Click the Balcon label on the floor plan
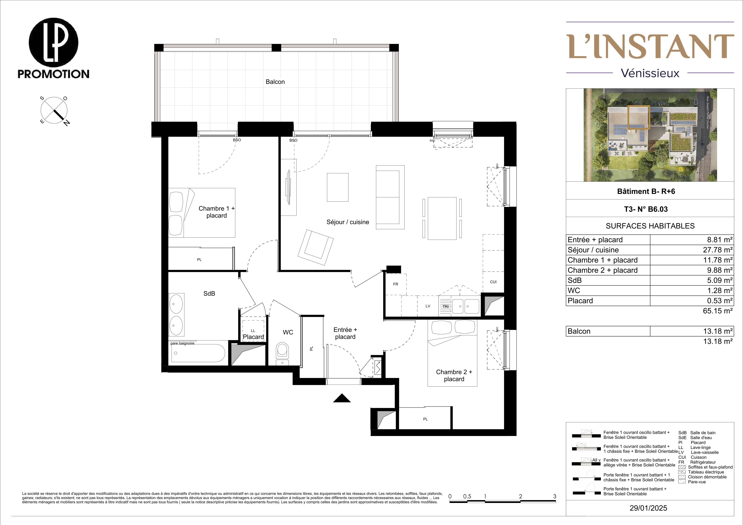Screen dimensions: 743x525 pyautogui.click(x=275, y=82)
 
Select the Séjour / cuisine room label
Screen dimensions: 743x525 pyautogui.click(x=348, y=222)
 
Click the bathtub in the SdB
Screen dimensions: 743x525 pyautogui.click(x=198, y=353)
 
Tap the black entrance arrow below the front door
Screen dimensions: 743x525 pyautogui.click(x=342, y=398)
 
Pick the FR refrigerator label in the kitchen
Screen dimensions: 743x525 pyautogui.click(x=395, y=284)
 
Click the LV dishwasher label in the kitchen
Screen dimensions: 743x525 pyautogui.click(x=428, y=306)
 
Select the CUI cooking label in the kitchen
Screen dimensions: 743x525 pyautogui.click(x=493, y=282)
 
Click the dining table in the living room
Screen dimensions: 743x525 pyautogui.click(x=442, y=218)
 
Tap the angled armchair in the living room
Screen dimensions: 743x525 pyautogui.click(x=316, y=247)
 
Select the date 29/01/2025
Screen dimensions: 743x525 pyautogui.click(x=648, y=508)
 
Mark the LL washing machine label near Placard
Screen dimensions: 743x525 pyautogui.click(x=253, y=331)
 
